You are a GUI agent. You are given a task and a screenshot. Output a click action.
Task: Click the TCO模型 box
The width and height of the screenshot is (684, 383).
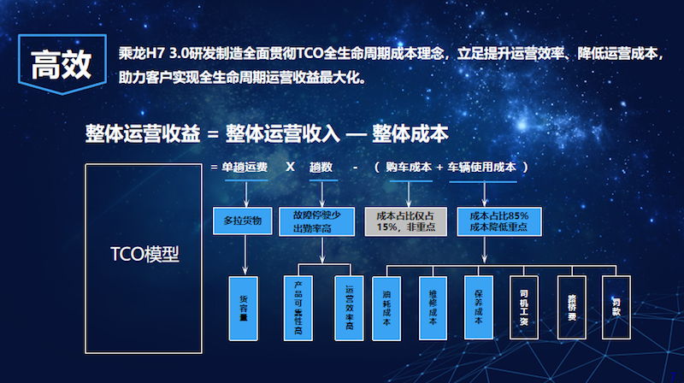pyautogui.click(x=144, y=254)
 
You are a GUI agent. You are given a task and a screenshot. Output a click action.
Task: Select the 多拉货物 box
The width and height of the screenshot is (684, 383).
pyautogui.click(x=243, y=221)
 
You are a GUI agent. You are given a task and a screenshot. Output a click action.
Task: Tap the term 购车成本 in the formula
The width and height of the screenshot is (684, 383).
pyautogui.click(x=409, y=168)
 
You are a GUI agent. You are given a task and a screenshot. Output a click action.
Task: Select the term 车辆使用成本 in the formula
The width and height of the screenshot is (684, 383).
pyautogui.click(x=482, y=168)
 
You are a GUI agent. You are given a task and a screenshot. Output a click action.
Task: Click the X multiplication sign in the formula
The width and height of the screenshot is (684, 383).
pyautogui.click(x=290, y=168)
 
